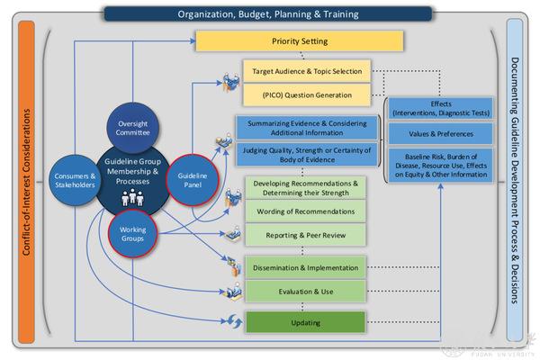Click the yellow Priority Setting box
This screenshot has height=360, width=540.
[x=300, y=41]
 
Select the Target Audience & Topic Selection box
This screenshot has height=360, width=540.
[x=306, y=71]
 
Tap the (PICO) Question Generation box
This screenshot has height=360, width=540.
[x=306, y=94]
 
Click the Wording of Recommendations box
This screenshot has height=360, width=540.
[x=306, y=211]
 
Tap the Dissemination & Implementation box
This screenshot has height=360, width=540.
[x=306, y=267]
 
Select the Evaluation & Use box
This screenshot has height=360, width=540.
[x=306, y=292]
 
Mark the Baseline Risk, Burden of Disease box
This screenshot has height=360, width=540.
[x=441, y=166]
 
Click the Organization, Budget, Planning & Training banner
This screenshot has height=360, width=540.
[x=267, y=13]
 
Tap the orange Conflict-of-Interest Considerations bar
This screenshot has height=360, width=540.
[x=26, y=180]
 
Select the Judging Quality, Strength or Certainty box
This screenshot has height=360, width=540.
[x=304, y=155]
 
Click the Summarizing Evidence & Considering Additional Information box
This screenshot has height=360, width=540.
[x=304, y=126]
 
